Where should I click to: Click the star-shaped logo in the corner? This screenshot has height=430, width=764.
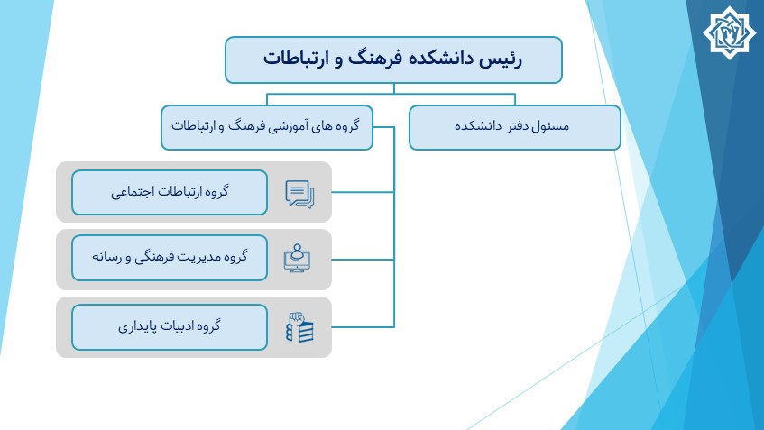729,32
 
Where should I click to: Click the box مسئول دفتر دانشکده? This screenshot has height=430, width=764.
515,128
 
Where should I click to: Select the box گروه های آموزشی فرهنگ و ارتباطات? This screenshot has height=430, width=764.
267,128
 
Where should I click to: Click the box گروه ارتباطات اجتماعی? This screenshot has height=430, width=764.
170,192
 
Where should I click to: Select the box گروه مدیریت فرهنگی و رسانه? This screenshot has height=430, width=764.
170,258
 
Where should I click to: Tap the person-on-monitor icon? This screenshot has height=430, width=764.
298,258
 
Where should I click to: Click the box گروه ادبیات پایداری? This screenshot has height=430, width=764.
170,327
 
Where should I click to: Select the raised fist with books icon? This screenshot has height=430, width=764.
299,326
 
